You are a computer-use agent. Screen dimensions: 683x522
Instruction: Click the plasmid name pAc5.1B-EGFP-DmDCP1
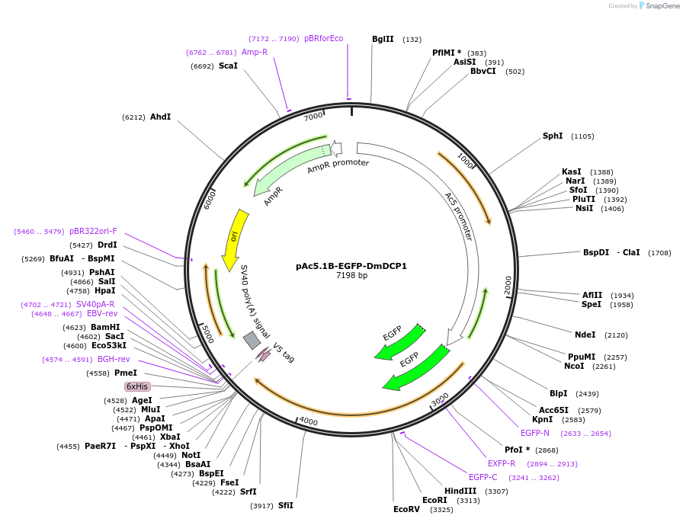[x=351, y=266]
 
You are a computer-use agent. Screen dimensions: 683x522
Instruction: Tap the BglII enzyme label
[x=383, y=39]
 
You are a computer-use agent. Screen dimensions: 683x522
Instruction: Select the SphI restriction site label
[x=553, y=136]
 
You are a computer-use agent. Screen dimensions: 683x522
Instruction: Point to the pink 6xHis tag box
[x=137, y=386]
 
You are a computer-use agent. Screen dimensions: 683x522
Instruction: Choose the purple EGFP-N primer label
[x=535, y=433]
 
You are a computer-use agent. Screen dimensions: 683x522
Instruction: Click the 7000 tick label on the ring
[x=313, y=117]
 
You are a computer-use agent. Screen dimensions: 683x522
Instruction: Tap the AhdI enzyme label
[x=160, y=117]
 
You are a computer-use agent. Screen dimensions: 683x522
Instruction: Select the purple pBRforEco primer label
[x=323, y=38]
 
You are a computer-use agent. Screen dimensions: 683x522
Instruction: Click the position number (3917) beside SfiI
[x=261, y=506]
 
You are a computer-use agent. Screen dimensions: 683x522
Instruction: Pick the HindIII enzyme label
[x=460, y=491]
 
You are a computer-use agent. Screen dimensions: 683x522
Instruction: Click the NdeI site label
[x=585, y=334]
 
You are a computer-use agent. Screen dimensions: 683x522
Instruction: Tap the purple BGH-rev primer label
[x=114, y=359]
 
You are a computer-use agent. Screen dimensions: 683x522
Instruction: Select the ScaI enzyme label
[x=228, y=66]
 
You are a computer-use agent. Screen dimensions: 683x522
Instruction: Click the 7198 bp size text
[x=351, y=275]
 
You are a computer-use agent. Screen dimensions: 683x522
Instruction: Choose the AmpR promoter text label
[x=338, y=166]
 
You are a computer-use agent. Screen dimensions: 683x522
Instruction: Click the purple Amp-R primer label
[x=255, y=52]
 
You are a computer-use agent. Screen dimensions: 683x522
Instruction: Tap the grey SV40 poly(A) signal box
[x=252, y=340]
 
